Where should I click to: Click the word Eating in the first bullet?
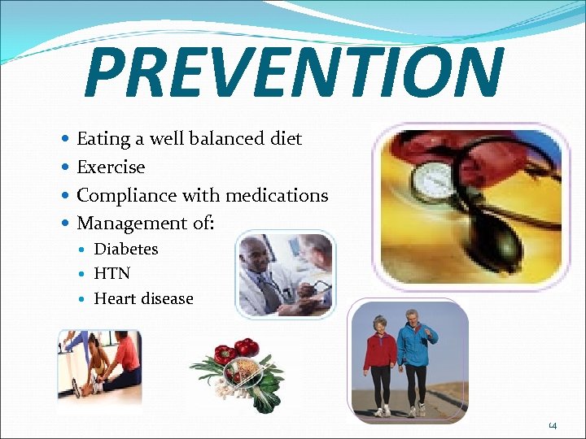[103, 139]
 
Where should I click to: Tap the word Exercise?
[111, 167]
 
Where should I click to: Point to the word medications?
[277, 195]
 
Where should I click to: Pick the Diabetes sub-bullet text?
[126, 250]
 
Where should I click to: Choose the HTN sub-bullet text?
[112, 274]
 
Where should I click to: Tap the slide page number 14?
[553, 425]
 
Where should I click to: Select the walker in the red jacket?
[380, 358]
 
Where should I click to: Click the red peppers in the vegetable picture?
[236, 351]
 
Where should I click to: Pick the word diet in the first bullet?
[285, 139]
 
